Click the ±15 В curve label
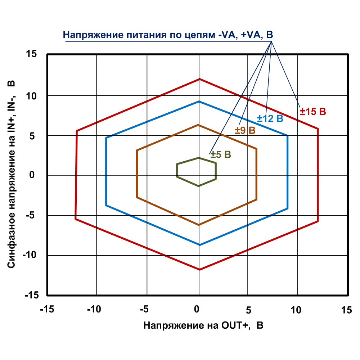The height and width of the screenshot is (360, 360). (313, 112)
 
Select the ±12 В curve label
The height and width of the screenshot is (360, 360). (270, 118)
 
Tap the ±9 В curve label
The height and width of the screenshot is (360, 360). (245, 131)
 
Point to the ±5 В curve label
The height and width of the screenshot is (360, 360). (221, 155)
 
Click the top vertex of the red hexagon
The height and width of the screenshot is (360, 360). (199, 79)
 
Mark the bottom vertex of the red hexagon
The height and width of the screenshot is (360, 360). (199, 269)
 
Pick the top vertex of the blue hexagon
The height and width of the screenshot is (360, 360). (199, 102)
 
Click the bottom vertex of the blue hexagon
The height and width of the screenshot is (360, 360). (199, 245)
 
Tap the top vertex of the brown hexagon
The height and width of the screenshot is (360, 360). (199, 125)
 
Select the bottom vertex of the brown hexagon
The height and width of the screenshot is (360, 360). (199, 225)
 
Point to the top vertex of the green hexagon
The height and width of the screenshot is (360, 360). (199, 158)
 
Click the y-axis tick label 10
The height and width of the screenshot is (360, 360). (32, 95)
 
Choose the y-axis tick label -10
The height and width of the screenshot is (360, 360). (30, 255)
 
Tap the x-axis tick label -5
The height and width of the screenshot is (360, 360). (144, 309)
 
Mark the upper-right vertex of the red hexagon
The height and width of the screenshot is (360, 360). (318, 129)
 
